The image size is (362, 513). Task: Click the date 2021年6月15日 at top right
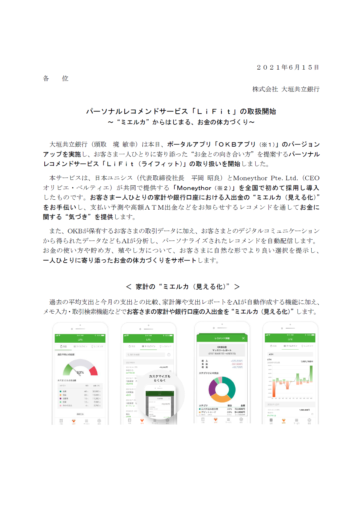pos(288,67)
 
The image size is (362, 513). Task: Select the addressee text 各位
pos(56,79)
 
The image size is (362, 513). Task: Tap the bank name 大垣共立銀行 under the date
pos(300,89)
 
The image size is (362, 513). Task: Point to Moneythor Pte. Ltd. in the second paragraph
pos(265,178)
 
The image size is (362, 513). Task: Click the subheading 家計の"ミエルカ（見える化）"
pos(182,287)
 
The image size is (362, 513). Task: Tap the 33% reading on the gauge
pos(80,372)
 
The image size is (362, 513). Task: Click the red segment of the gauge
pos(94,371)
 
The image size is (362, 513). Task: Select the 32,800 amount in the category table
pos(96,392)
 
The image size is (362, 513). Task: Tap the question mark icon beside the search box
pos(169,355)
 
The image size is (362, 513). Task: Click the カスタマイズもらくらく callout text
pos(159,378)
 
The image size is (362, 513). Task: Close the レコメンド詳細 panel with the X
pos(243,338)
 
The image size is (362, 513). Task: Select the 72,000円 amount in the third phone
pos(240,409)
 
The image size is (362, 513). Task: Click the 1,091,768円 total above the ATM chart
pos(307,362)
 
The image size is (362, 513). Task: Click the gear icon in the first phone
pos(99,421)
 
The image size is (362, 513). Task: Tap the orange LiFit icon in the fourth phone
pos(283,420)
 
